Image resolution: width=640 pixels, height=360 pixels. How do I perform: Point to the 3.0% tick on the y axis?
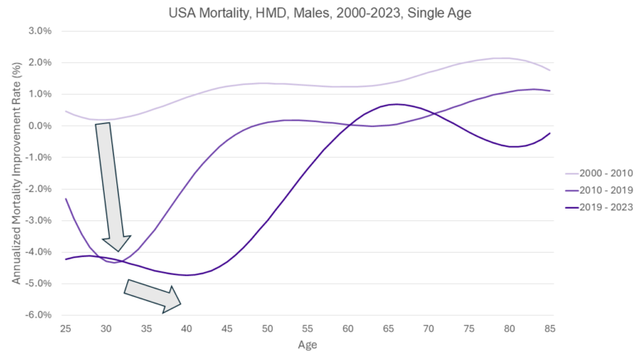click(41, 31)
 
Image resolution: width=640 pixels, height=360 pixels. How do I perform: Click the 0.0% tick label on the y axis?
click(41, 126)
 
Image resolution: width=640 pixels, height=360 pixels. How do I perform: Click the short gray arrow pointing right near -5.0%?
click(153, 295)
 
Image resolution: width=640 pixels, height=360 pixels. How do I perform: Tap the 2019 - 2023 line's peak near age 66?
click(397, 104)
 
